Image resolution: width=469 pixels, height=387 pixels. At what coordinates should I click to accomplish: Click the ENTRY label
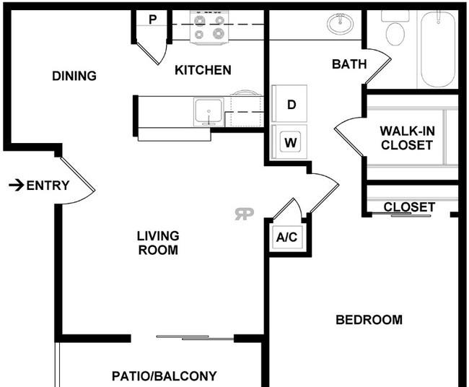tap(48, 186)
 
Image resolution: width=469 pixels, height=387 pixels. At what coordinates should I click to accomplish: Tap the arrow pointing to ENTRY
tap(16, 186)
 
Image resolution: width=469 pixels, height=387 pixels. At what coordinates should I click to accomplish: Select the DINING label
tap(74, 76)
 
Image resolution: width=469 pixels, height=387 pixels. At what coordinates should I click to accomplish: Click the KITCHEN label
tap(203, 70)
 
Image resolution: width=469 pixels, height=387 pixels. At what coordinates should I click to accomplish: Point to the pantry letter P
tap(152, 19)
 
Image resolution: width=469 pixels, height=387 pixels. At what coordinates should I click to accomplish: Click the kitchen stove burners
tap(209, 27)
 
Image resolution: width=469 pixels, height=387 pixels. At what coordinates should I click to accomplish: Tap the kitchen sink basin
tap(209, 112)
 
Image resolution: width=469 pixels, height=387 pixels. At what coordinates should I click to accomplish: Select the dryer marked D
tap(289, 104)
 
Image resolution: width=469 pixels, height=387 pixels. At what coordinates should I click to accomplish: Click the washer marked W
tap(289, 142)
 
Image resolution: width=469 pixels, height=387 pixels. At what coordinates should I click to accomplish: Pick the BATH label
tap(349, 64)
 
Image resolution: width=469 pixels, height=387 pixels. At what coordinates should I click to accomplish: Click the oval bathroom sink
tap(340, 23)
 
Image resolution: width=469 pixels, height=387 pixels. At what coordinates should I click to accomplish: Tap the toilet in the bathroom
tap(395, 29)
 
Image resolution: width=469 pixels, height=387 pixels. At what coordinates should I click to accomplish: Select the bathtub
tap(438, 49)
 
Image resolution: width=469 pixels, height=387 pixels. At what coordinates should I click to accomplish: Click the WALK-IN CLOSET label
tap(407, 138)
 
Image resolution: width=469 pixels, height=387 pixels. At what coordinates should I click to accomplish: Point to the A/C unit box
tap(286, 238)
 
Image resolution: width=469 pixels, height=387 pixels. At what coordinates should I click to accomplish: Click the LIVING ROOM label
tap(158, 243)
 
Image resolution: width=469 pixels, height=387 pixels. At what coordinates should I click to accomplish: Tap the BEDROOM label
tap(369, 320)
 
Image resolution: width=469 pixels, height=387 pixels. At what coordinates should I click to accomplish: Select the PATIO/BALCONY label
tap(164, 376)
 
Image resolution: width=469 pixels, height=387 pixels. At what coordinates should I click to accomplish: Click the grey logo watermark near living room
tap(244, 214)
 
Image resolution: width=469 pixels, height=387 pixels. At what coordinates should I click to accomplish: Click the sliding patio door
tap(195, 338)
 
